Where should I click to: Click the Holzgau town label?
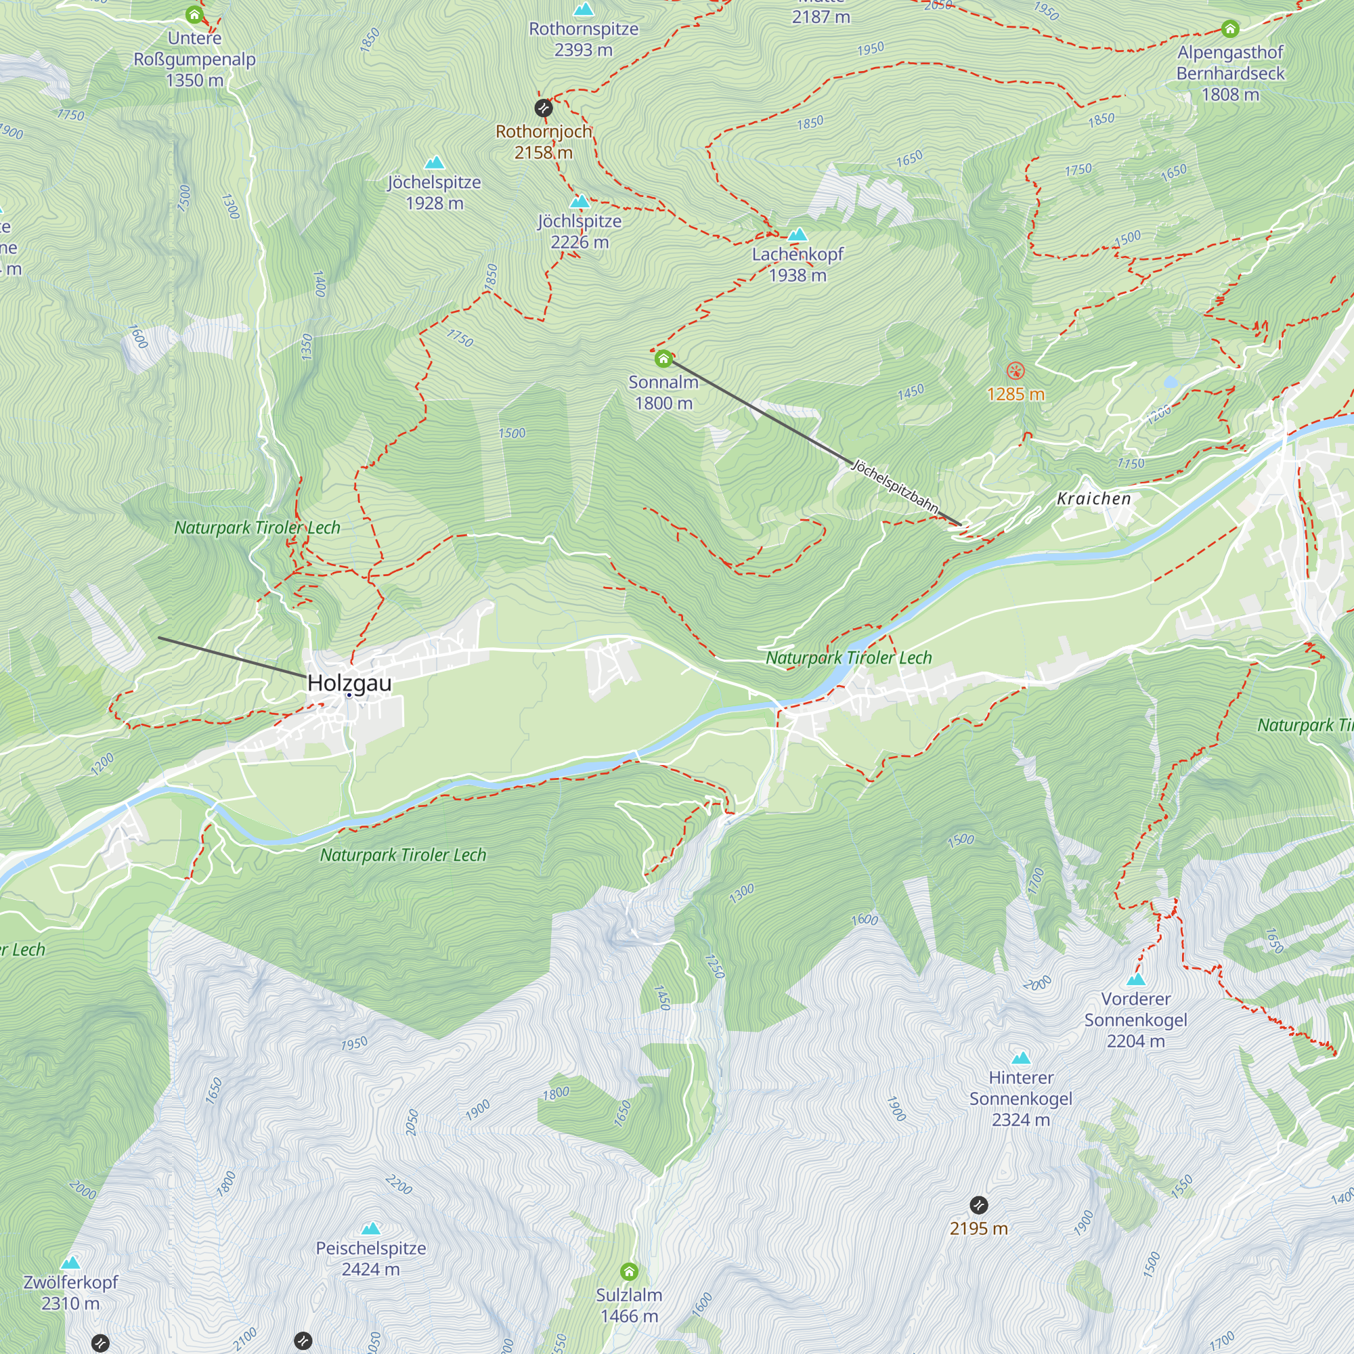point(349,682)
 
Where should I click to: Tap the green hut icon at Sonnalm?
point(663,359)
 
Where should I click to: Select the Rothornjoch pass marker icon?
point(543,108)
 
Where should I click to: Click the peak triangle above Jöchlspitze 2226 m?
point(580,202)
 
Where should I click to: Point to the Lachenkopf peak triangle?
point(798,235)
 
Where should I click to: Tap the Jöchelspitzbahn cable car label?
point(894,485)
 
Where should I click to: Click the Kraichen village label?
point(1093,499)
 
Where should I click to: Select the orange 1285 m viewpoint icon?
point(1016,372)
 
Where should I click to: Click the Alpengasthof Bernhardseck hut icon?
point(1230,28)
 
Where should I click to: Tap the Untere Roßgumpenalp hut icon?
point(194,15)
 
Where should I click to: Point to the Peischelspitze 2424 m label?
point(371,1258)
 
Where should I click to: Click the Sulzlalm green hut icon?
point(629,1271)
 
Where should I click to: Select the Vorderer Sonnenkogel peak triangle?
point(1136,980)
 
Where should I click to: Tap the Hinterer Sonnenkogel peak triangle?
point(1021,1058)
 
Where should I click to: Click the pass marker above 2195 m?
point(978,1206)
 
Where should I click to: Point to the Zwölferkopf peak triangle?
point(70,1263)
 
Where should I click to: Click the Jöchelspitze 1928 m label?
point(435,192)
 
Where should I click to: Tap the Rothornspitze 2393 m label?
point(583,39)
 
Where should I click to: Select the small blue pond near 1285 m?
point(1171,382)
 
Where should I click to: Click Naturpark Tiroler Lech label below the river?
point(403,855)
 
